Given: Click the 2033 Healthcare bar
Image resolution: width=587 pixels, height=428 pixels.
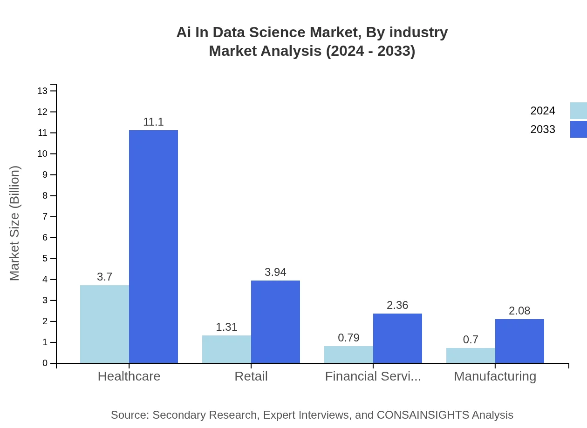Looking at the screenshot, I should click(153, 247).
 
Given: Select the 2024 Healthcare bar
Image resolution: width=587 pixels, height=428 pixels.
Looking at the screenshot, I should click(104, 324).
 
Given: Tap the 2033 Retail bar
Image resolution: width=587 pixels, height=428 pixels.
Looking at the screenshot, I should click(275, 321).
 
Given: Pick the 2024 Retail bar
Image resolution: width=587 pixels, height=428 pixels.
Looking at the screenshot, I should click(226, 349).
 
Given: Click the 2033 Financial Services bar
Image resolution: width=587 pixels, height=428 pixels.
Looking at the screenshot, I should click(397, 338).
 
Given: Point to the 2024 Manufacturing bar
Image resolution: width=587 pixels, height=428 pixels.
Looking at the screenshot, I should click(471, 355).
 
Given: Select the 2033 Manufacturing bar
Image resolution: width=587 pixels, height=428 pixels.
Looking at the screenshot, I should click(519, 341).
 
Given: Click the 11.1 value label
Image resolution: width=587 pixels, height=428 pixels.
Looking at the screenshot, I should click(153, 122).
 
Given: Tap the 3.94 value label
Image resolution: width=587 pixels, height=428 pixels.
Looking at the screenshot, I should click(275, 273).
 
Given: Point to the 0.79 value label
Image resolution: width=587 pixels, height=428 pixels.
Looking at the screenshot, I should click(348, 338).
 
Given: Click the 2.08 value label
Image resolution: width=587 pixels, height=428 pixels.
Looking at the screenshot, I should click(519, 311).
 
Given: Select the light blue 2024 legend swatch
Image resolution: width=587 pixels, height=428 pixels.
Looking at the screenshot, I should click(578, 111).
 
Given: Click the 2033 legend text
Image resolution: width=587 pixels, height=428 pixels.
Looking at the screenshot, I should click(543, 129).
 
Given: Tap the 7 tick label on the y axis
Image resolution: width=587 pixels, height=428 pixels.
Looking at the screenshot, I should click(45, 217).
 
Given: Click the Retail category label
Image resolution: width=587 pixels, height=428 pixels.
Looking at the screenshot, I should click(251, 376).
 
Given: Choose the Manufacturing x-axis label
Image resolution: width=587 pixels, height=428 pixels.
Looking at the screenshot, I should click(495, 376).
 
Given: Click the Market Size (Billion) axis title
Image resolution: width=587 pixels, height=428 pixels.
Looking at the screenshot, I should click(15, 223).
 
